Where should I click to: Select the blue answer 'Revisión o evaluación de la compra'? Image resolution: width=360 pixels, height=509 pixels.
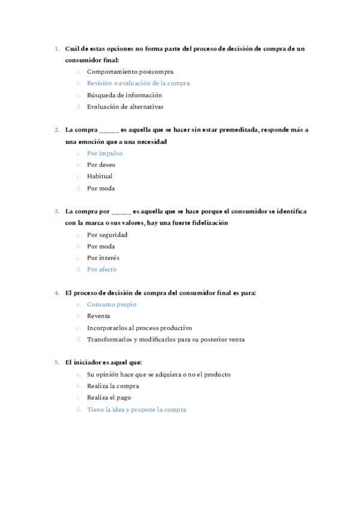[x=138, y=83]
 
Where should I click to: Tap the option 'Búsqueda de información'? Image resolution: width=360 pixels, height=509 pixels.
[x=124, y=95]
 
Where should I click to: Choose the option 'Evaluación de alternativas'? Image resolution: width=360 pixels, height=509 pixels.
[x=125, y=106]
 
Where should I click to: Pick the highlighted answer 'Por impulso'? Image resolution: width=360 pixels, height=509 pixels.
[x=104, y=153]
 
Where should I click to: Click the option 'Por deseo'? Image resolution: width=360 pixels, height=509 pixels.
[x=101, y=164]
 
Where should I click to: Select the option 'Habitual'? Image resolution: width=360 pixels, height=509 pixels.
[x=100, y=176]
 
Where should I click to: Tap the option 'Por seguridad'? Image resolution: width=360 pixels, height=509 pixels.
[x=107, y=235]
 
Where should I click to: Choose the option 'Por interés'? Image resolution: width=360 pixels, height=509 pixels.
[x=103, y=258]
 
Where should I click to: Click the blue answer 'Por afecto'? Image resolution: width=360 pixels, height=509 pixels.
[x=101, y=270]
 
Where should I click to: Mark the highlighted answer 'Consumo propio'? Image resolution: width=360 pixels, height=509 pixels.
[x=112, y=304]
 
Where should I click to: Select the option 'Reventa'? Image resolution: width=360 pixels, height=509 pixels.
[x=98, y=316]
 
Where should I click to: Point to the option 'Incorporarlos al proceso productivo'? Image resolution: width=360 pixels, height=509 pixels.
[x=139, y=328]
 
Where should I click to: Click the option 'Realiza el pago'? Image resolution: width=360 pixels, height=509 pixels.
[x=109, y=397]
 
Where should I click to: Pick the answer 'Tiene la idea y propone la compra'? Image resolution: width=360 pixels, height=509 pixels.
[x=136, y=409]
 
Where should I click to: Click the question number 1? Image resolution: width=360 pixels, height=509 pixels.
[x=56, y=48]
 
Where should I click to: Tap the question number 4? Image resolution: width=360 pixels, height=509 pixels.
[x=56, y=293]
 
